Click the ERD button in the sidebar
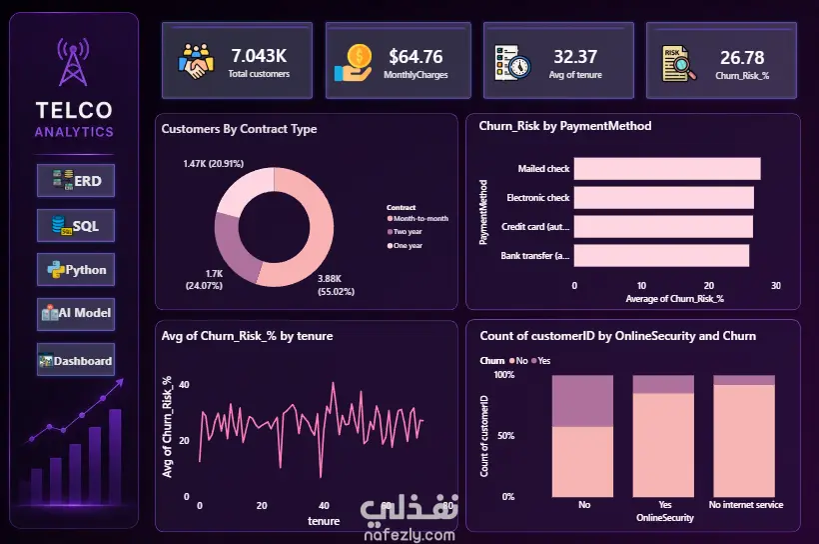pos(76,180)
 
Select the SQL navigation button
pos(76,225)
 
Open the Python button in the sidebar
pos(76,269)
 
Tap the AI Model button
pos(76,314)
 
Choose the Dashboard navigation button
pos(76,360)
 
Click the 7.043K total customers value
pos(259,55)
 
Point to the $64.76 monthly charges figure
pos(415,56)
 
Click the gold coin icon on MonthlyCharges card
pos(360,55)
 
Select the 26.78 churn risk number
pos(742,58)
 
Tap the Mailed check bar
pos(667,168)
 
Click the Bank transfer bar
pos(661,255)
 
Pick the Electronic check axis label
pos(538,198)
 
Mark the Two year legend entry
pos(405,232)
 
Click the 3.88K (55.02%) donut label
pos(336,285)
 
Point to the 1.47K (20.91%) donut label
pos(213,164)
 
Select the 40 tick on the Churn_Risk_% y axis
pos(184,384)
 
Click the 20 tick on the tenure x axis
pos(262,506)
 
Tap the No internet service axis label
pos(746,505)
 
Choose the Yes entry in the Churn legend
pos(541,361)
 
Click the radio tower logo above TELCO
pos(73,62)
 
